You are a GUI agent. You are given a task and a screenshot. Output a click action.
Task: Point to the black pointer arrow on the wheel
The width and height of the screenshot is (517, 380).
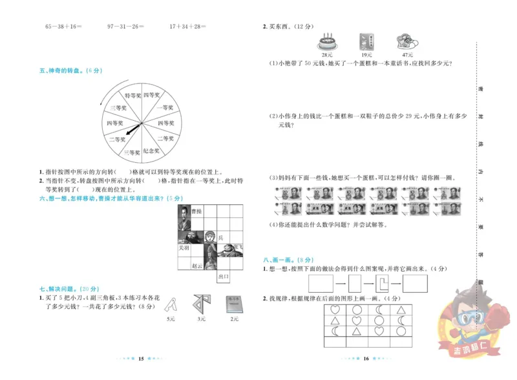(131, 131)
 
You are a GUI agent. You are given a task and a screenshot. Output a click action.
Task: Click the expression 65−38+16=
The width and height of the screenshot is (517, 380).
(63, 26)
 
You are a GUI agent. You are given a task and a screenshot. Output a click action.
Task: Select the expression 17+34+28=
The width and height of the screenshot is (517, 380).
(187, 26)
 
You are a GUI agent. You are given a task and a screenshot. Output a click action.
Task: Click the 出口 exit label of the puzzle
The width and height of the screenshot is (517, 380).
(224, 276)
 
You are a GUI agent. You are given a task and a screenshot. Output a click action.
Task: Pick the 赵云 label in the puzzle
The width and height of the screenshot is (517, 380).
(197, 265)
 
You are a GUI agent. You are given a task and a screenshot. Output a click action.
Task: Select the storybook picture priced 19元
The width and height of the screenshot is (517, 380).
(366, 42)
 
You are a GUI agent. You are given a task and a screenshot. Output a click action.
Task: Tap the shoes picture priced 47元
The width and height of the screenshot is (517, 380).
(406, 42)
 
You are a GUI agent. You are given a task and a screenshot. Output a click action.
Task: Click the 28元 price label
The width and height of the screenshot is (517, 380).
(326, 56)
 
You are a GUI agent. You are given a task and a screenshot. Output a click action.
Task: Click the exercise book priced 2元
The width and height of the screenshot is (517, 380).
(233, 305)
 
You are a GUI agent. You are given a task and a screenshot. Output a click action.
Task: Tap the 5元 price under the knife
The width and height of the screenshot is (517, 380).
(171, 319)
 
